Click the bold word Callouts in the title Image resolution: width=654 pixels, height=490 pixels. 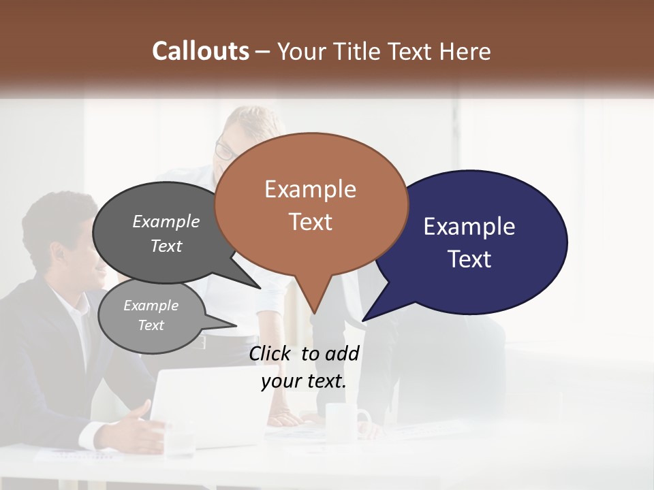[200, 51]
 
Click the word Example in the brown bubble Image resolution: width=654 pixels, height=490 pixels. [310, 189]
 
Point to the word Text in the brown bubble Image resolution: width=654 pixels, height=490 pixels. [310, 222]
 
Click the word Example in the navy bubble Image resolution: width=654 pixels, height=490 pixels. [469, 227]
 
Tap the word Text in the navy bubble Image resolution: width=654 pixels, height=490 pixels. [469, 259]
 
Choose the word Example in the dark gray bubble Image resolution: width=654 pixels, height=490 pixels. [166, 222]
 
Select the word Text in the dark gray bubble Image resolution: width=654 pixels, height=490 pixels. [166, 246]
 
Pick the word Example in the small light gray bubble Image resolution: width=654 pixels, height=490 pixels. [151, 306]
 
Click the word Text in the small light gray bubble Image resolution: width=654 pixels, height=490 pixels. [151, 325]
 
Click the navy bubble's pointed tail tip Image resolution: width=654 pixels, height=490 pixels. [363, 320]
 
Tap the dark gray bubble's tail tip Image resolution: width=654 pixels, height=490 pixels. [261, 288]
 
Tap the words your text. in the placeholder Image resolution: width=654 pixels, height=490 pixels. [303, 382]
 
